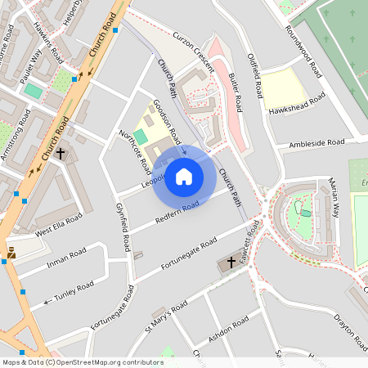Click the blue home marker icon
point(184,176)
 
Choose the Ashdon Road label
point(230,331)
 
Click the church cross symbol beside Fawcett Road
point(231,263)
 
